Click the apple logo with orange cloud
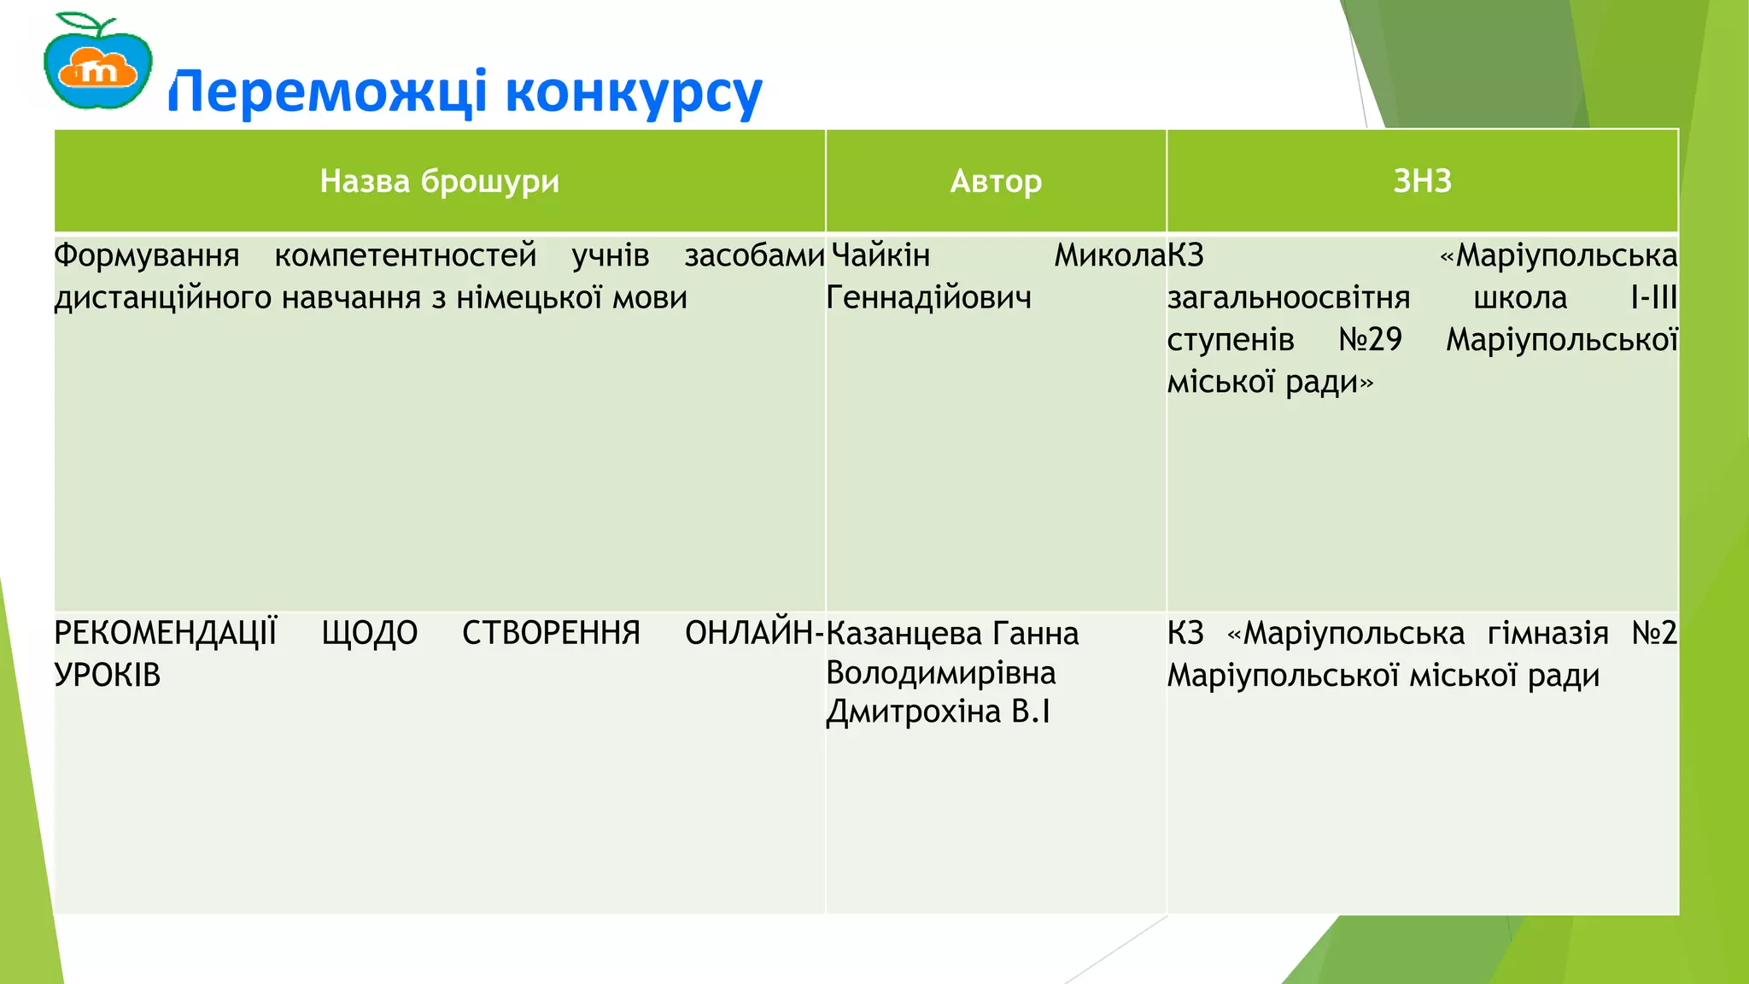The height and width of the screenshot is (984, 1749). click(97, 61)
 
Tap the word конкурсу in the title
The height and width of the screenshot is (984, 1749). click(633, 92)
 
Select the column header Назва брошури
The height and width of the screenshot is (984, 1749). click(439, 181)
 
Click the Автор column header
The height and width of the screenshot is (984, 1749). click(996, 181)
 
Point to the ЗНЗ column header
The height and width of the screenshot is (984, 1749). click(1422, 181)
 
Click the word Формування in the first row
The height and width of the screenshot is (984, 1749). click(146, 255)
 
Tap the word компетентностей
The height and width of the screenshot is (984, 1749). click(406, 255)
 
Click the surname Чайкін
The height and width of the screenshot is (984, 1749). click(880, 255)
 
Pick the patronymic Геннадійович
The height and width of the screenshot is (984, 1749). click(929, 297)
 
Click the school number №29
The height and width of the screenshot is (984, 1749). click(1370, 340)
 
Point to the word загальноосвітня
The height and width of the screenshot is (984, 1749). click(1289, 297)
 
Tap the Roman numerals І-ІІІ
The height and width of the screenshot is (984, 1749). click(1653, 297)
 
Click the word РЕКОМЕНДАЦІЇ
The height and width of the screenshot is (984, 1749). click(166, 633)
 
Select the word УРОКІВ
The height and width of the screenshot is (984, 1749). click(108, 676)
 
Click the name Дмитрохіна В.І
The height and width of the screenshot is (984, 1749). click(938, 712)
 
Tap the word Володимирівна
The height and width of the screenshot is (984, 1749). click(941, 673)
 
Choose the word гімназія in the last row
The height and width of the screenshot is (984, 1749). click(1547, 633)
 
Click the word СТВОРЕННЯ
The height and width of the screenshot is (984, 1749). click(551, 633)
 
